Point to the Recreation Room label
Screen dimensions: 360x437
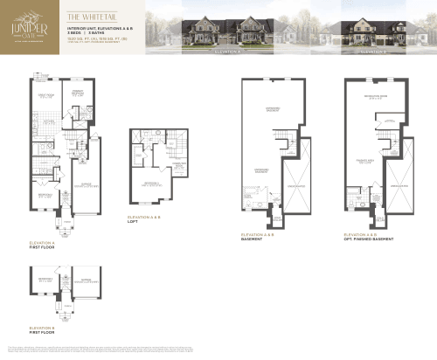[376, 98]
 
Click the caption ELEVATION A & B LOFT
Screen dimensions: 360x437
[144, 218]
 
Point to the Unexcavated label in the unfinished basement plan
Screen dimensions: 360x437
[295, 186]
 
